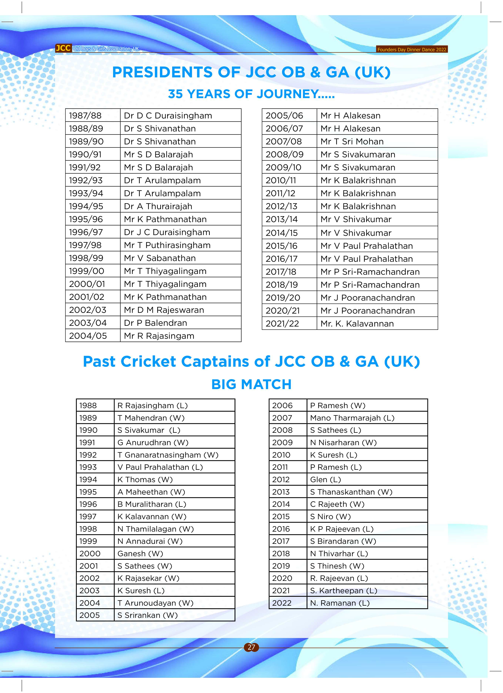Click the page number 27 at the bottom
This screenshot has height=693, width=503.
(x=251, y=647)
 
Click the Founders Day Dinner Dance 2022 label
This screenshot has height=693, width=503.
(x=412, y=49)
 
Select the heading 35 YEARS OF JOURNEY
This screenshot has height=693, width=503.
(x=251, y=94)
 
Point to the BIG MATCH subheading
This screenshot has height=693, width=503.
(x=251, y=384)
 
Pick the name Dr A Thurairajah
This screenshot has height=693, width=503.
(x=158, y=206)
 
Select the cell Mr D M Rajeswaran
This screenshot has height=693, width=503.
(x=164, y=310)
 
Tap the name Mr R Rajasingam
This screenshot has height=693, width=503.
(x=159, y=336)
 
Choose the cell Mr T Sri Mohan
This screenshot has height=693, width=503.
(x=352, y=141)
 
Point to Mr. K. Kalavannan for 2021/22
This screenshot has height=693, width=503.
(x=357, y=324)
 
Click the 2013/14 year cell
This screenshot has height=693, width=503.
(x=281, y=219)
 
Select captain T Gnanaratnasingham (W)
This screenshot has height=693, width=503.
(x=168, y=455)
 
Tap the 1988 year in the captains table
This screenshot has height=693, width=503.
(x=88, y=406)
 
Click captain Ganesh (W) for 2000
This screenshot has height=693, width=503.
(x=140, y=553)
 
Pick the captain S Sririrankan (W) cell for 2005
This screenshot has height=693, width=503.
(x=147, y=615)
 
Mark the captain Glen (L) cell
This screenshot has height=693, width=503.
(x=325, y=479)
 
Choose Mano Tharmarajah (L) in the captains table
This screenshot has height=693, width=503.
(x=352, y=418)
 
